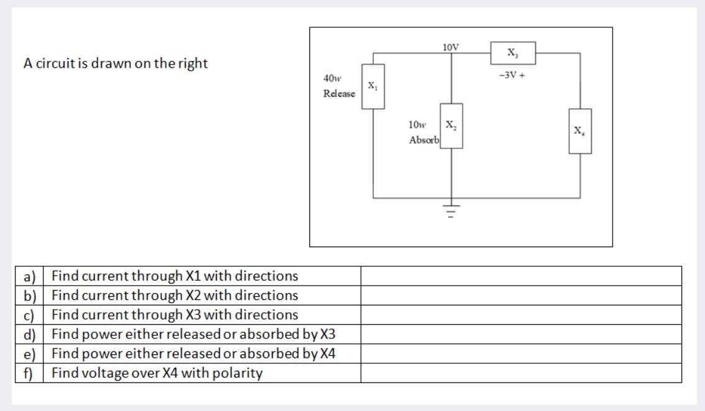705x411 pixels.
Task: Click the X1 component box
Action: pyautogui.click(x=373, y=86)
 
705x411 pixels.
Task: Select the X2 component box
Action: pyautogui.click(x=452, y=125)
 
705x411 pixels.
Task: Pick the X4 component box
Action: pyautogui.click(x=580, y=131)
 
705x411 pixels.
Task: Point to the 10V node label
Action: pyautogui.click(x=451, y=47)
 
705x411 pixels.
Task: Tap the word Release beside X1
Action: pyautogui.click(x=339, y=94)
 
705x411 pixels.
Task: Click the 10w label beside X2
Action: pyautogui.click(x=417, y=125)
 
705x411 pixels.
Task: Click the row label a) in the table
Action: pyautogui.click(x=29, y=276)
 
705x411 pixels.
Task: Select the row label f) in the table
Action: pyautogui.click(x=29, y=373)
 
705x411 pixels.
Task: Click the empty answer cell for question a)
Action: pyautogui.click(x=521, y=276)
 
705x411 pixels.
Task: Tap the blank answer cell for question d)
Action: pyautogui.click(x=521, y=335)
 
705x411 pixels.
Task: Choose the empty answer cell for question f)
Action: pyautogui.click(x=521, y=373)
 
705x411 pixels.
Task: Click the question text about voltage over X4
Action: pyautogui.click(x=157, y=373)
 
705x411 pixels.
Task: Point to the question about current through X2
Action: pyautogui.click(x=175, y=295)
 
